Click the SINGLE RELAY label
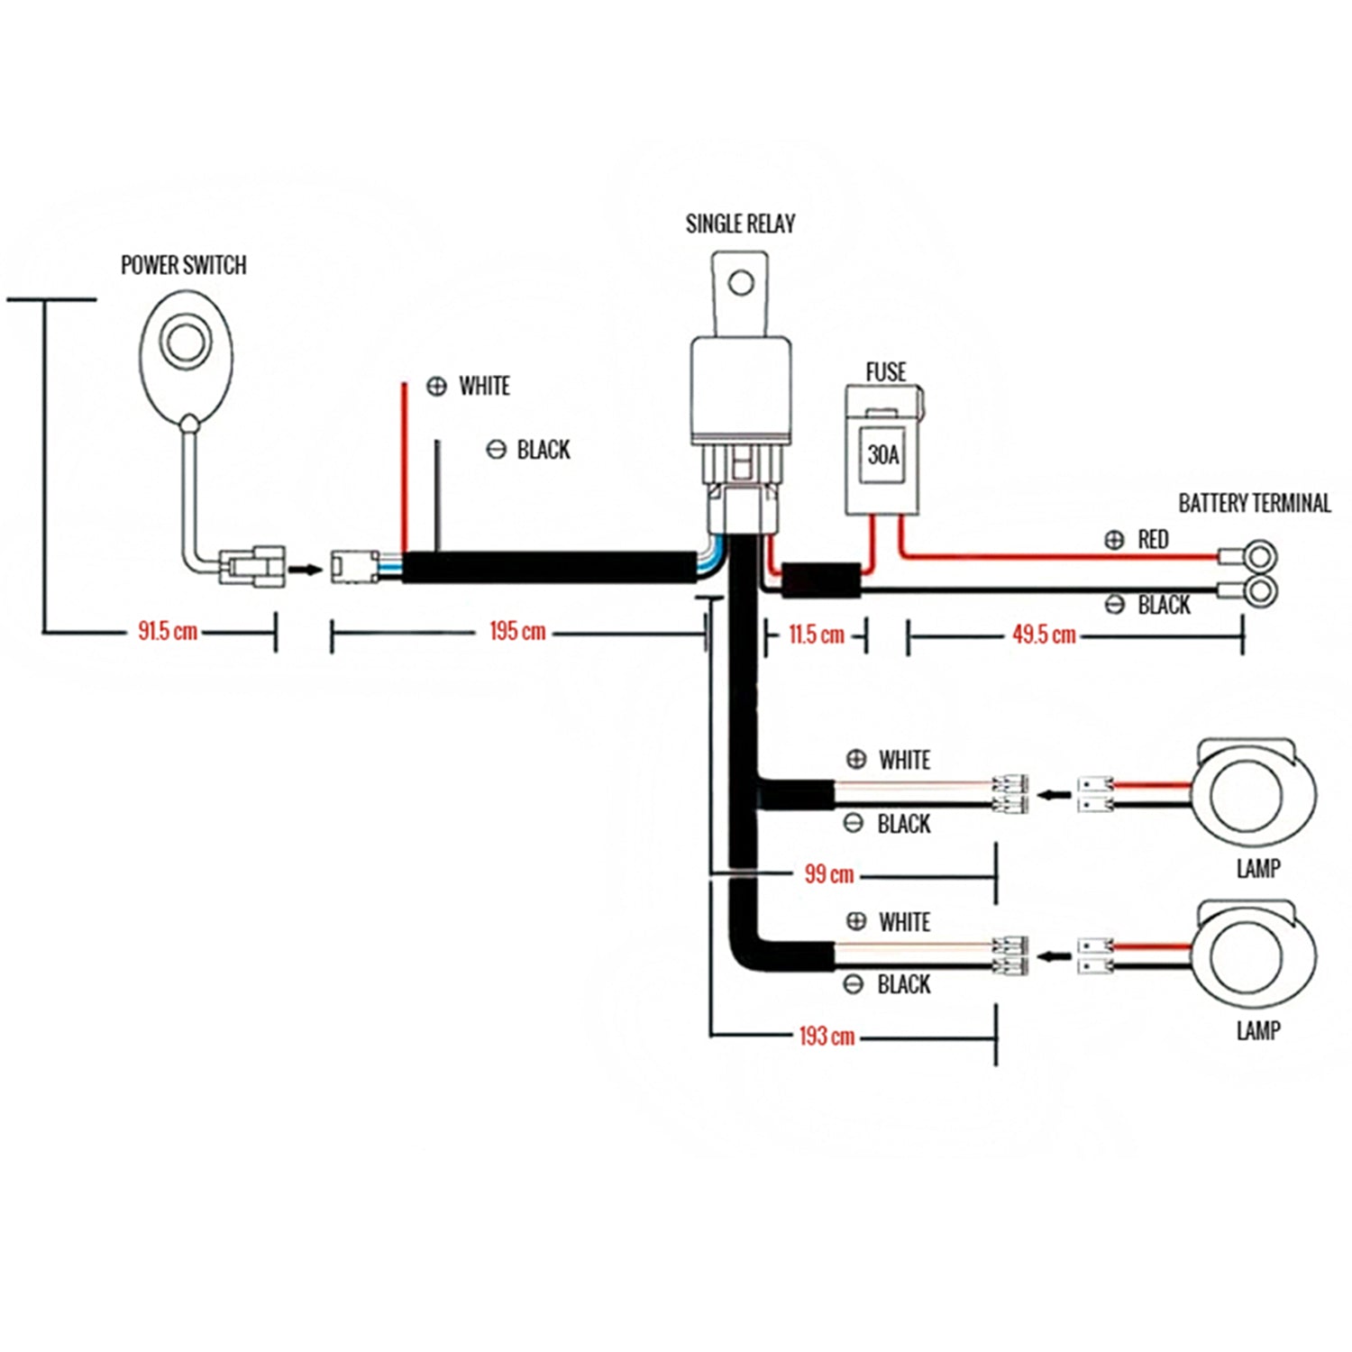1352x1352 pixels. tap(740, 224)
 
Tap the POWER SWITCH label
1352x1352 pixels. tap(183, 265)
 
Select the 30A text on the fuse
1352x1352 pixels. tap(882, 454)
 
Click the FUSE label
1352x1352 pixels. tap(885, 372)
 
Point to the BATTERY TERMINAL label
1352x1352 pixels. tap(1254, 503)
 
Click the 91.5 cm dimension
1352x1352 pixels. tap(168, 631)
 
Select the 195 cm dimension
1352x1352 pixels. tap(517, 631)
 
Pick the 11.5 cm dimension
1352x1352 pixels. tap(817, 635)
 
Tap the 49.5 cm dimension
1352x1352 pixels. tap(1044, 635)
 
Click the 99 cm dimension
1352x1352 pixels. tap(829, 873)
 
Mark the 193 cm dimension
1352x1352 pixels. tap(827, 1036)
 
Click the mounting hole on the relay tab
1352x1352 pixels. tap(741, 284)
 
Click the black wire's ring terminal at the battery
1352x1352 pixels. tap(1259, 591)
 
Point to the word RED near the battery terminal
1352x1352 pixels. tap(1153, 539)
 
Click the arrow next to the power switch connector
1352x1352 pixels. tap(308, 570)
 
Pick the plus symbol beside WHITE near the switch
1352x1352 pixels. tap(436, 387)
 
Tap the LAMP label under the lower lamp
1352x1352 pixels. tap(1258, 1029)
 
